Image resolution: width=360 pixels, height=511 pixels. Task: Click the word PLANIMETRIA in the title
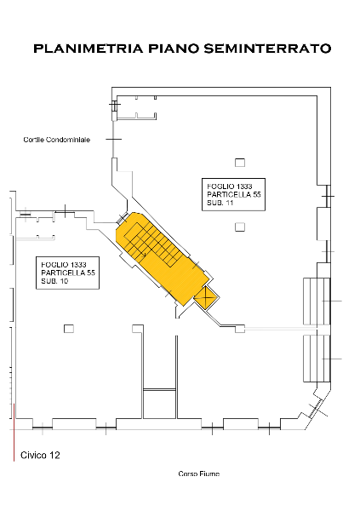(x=88, y=49)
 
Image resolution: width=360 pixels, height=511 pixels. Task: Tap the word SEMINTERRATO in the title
(x=267, y=49)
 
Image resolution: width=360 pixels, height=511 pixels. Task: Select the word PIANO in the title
(x=174, y=49)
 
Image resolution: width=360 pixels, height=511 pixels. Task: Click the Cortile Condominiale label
(x=57, y=140)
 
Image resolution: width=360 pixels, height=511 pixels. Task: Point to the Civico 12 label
(x=40, y=455)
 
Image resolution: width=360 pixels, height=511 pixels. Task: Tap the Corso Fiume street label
(x=199, y=474)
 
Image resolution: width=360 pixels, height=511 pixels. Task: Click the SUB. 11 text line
(x=220, y=203)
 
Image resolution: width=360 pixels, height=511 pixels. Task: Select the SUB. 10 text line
(x=54, y=281)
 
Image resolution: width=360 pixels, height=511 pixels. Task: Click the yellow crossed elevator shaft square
(x=206, y=297)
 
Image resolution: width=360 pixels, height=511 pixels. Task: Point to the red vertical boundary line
(x=14, y=433)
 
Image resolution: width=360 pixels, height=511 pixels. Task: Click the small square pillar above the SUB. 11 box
(x=240, y=163)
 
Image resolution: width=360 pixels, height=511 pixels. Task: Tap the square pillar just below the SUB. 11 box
(x=240, y=227)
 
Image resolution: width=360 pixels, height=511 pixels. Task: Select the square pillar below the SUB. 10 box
(x=69, y=329)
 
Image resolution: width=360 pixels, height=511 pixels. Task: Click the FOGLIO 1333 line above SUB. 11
(x=229, y=187)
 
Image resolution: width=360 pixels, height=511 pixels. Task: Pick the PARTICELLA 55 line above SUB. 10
(x=68, y=273)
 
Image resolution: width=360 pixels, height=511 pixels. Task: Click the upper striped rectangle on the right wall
(x=317, y=301)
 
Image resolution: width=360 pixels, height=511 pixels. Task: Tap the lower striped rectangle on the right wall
(x=317, y=359)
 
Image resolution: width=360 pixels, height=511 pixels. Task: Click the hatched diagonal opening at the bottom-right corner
(x=316, y=408)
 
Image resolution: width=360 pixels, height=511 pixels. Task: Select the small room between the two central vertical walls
(x=160, y=404)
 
